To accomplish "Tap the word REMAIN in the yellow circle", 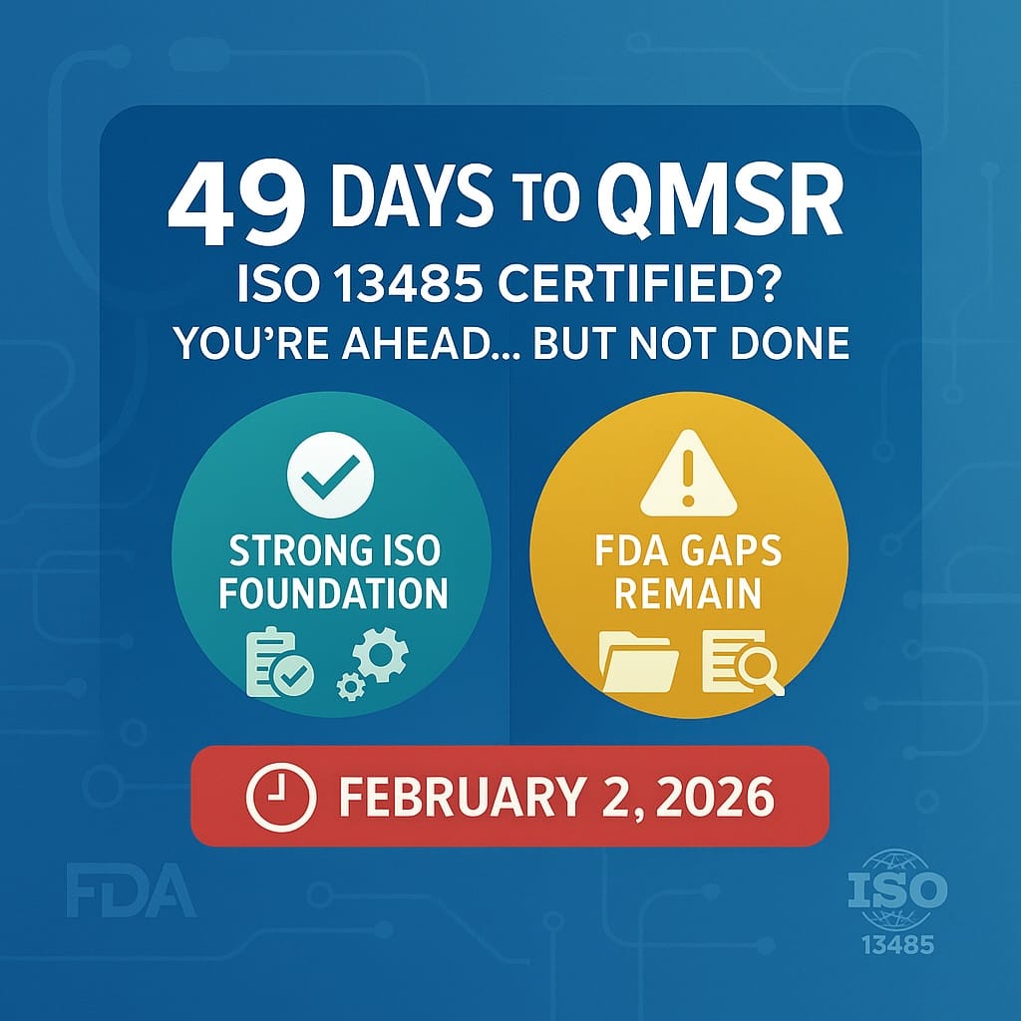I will coord(688,593).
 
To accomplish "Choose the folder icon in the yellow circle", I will coord(639,661).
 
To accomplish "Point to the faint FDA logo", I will coord(131,892).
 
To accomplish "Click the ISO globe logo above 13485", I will coord(894,890).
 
